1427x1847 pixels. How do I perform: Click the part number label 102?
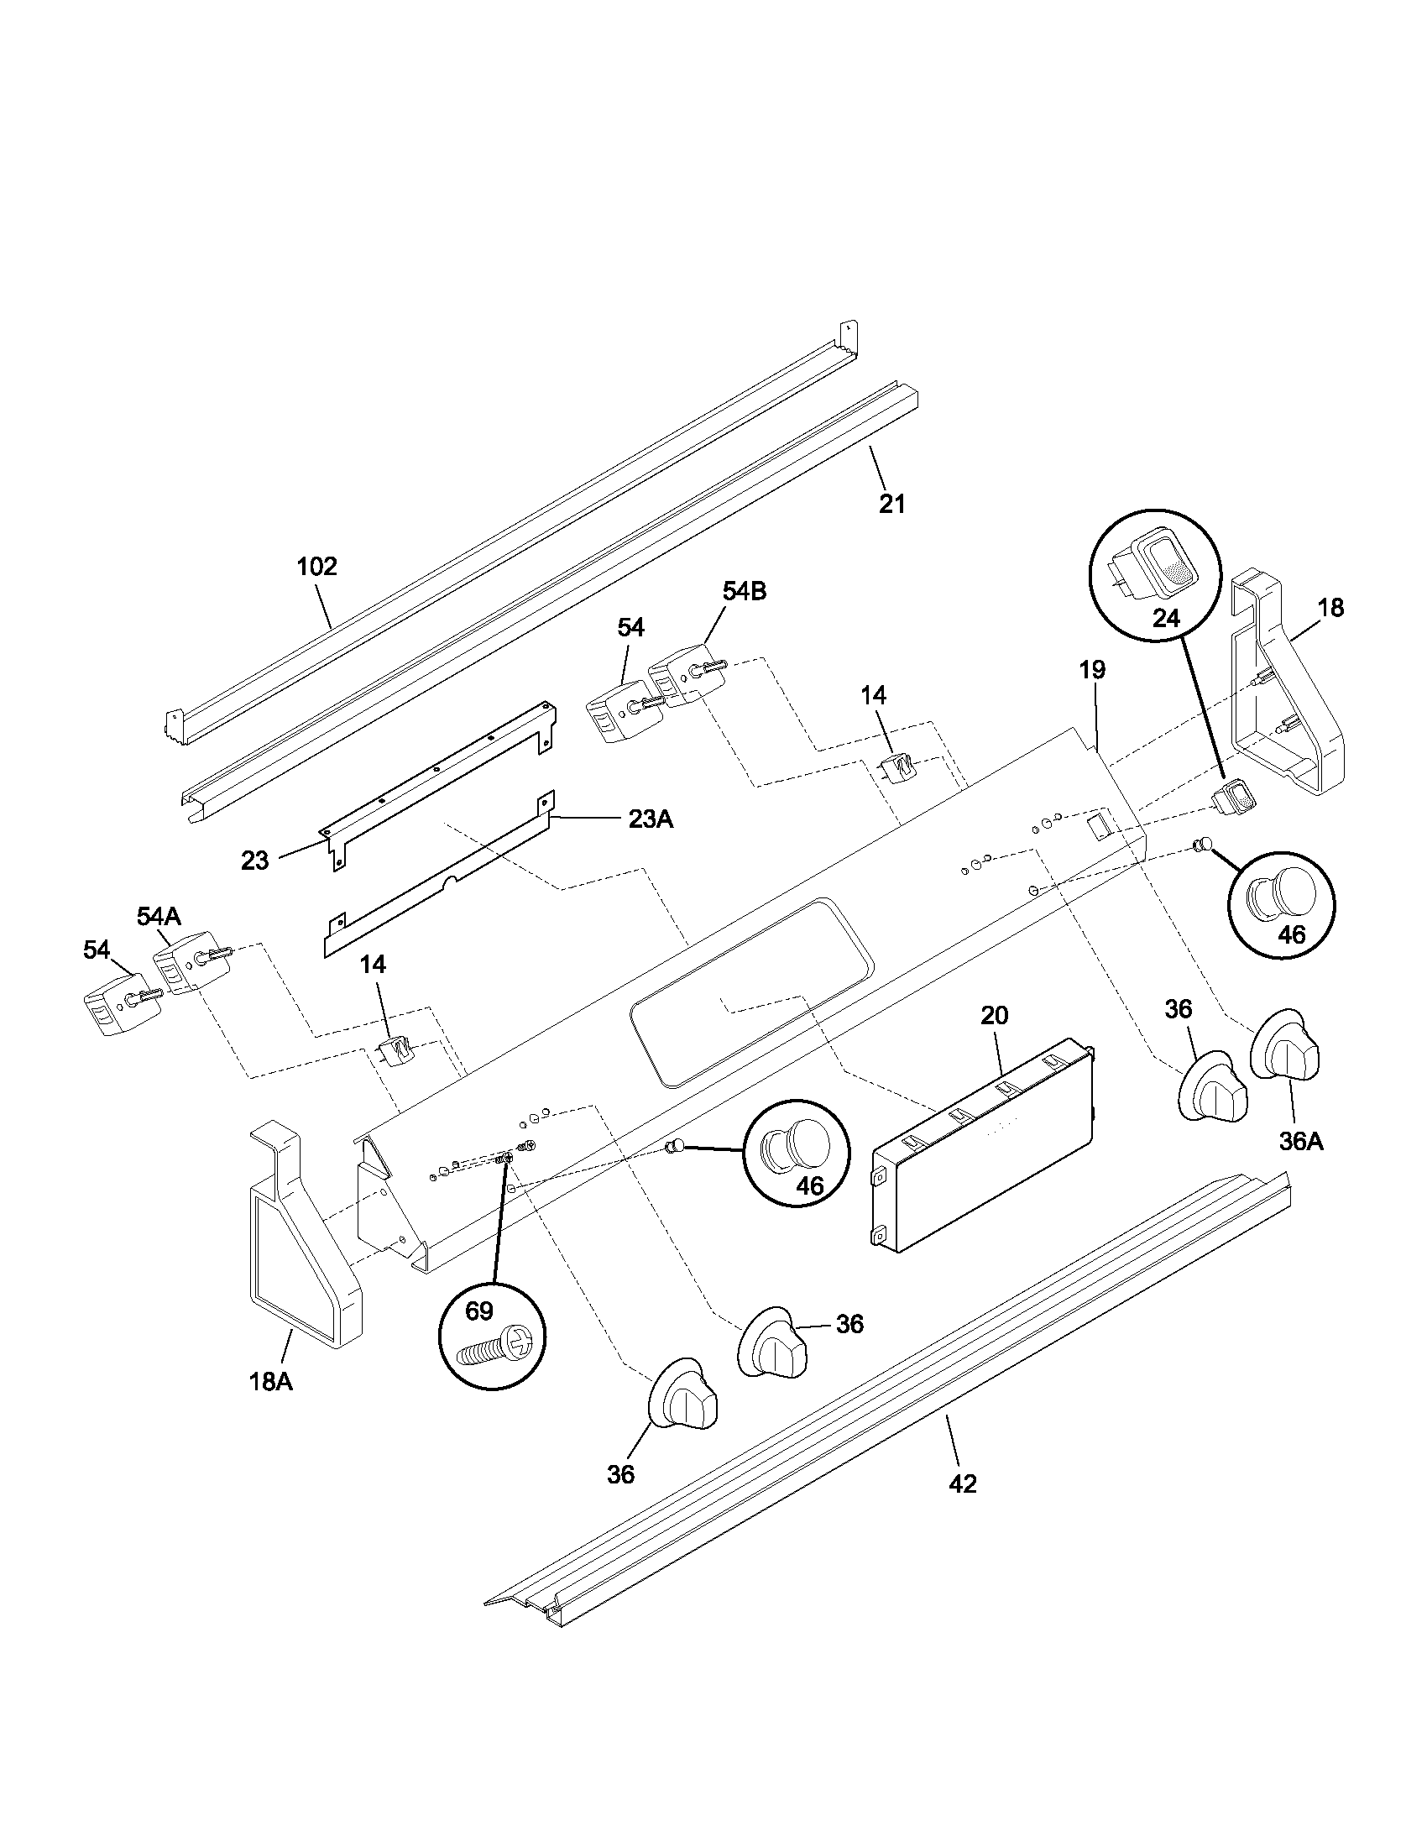coord(317,566)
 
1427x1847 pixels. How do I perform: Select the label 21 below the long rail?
coord(891,504)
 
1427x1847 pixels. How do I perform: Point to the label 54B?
coord(744,592)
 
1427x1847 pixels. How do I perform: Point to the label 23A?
coord(650,819)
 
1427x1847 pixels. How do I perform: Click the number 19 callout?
coord(1091,671)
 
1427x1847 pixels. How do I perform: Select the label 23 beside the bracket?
coord(254,861)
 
